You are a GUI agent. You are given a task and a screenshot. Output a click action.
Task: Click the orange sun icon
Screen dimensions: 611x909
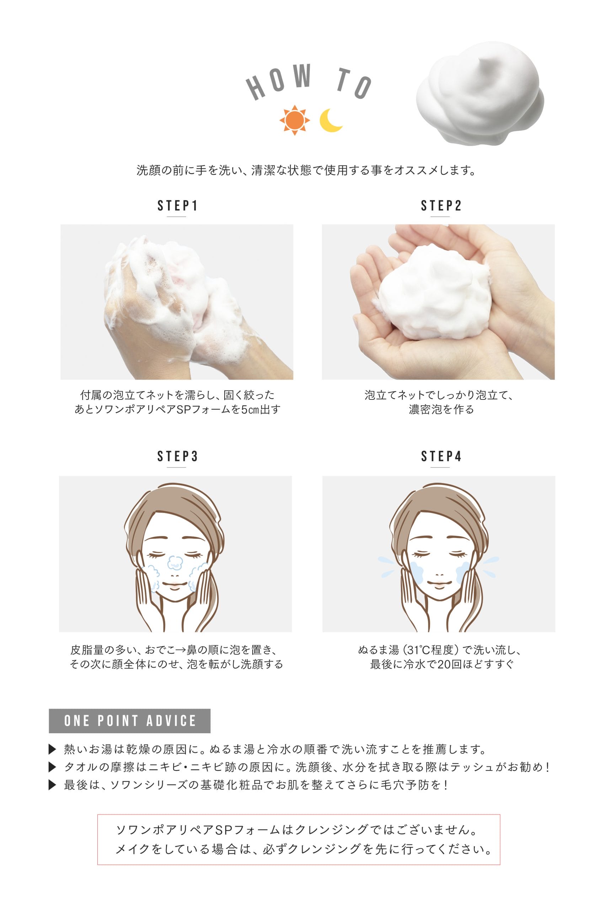pos(295,120)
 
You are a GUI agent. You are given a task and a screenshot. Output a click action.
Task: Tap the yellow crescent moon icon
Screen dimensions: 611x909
pos(331,121)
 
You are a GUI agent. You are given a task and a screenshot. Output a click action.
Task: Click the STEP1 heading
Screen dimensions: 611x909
pos(177,206)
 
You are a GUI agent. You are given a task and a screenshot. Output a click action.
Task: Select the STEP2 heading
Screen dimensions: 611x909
pos(441,206)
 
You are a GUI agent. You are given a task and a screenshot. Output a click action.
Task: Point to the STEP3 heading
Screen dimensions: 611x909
pos(177,456)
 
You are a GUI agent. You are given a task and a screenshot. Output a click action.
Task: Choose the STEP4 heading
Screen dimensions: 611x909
pos(441,456)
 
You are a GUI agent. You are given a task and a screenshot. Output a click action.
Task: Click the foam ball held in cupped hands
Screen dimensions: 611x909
pos(434,292)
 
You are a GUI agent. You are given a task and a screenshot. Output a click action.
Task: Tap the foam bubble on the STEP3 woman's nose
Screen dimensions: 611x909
pos(175,563)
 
